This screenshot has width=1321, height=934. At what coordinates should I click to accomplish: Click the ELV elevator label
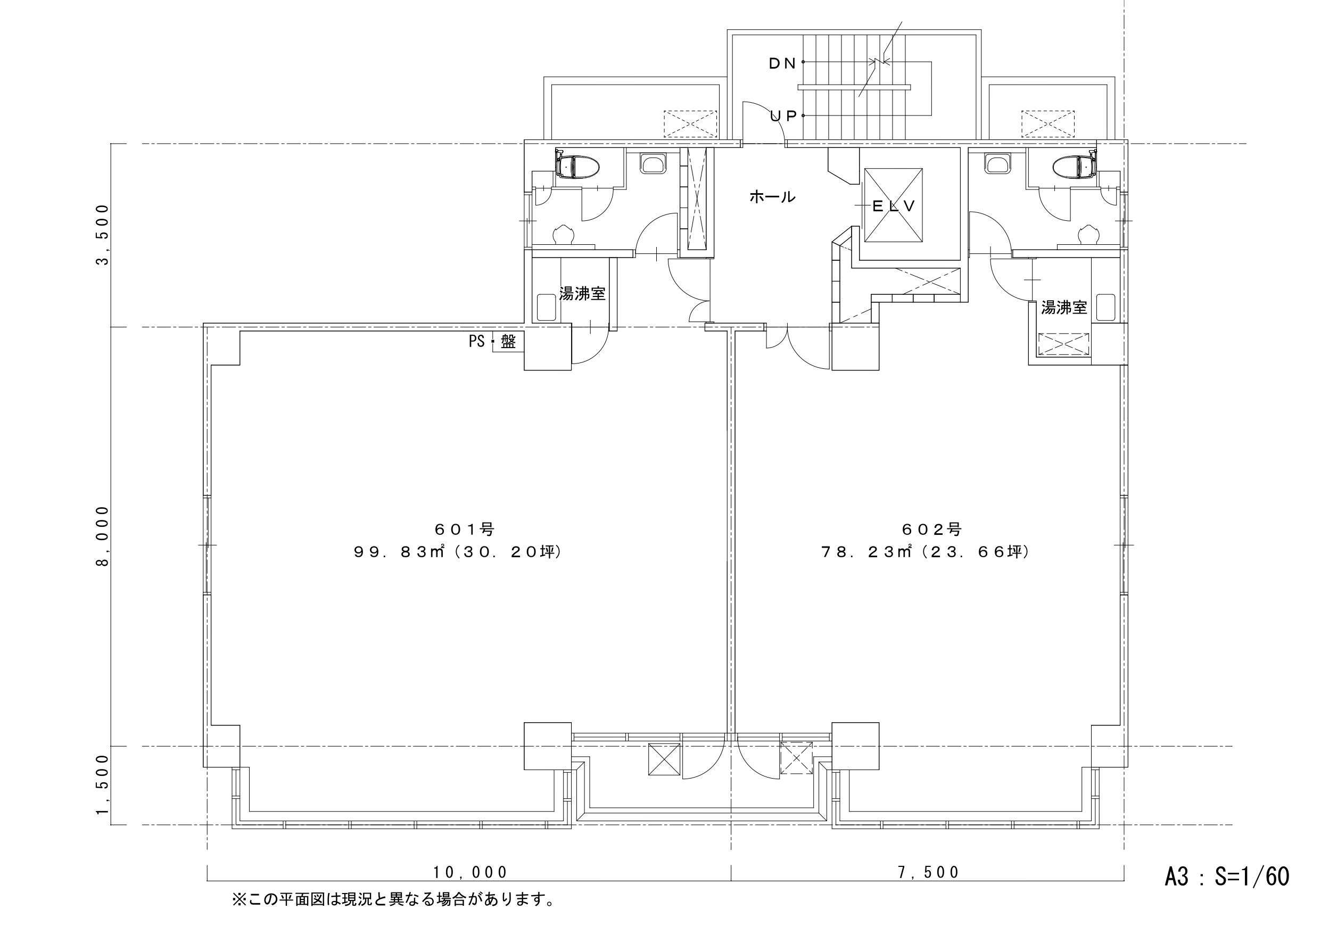tap(894, 206)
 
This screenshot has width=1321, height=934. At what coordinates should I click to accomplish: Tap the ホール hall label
tap(772, 197)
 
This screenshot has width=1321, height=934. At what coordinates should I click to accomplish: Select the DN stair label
tap(782, 63)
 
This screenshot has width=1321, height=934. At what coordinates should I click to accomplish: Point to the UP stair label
tap(783, 115)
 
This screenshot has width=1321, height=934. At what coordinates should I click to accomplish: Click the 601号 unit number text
tap(464, 528)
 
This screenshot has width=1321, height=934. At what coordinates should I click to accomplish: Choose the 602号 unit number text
tap(932, 528)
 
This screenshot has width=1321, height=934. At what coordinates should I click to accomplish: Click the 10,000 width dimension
tap(470, 872)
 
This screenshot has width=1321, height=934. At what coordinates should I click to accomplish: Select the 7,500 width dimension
tap(929, 872)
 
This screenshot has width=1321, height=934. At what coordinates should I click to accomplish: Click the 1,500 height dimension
tap(102, 785)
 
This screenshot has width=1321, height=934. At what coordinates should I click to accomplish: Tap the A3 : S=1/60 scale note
tap(1227, 876)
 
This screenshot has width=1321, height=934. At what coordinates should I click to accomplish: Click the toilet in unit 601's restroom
tap(577, 167)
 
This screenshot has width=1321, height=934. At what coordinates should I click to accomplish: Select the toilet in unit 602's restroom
tap(1074, 167)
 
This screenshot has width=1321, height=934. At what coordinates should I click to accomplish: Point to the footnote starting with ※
tap(393, 899)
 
